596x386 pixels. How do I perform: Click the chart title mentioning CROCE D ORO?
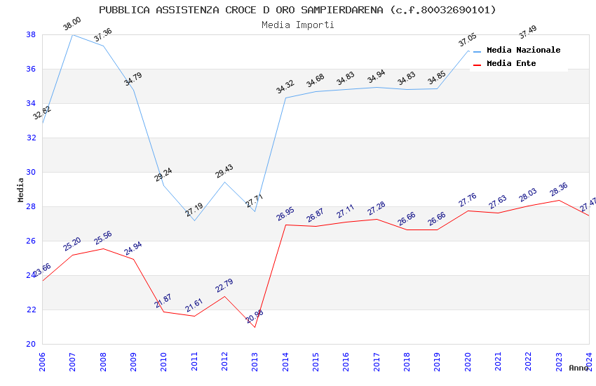click(x=297, y=10)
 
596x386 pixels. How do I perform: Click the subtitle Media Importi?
click(x=297, y=25)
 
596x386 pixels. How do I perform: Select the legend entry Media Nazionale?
click(x=523, y=50)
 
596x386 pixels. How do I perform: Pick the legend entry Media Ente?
click(x=511, y=63)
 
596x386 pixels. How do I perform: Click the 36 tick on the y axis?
click(x=32, y=69)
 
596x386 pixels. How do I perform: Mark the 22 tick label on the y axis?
click(x=32, y=310)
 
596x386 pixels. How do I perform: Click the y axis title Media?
click(x=20, y=189)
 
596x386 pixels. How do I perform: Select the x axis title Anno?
click(x=578, y=368)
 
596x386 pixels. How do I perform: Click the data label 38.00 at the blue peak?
click(x=72, y=24)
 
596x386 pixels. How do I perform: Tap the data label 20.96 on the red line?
click(x=255, y=317)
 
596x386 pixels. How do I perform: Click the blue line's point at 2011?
click(x=194, y=220)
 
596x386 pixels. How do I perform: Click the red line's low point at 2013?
click(x=255, y=327)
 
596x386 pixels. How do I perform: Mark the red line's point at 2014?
click(x=285, y=225)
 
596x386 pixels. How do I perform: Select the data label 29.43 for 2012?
click(x=224, y=171)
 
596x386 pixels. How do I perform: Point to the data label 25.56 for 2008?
click(x=103, y=238)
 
